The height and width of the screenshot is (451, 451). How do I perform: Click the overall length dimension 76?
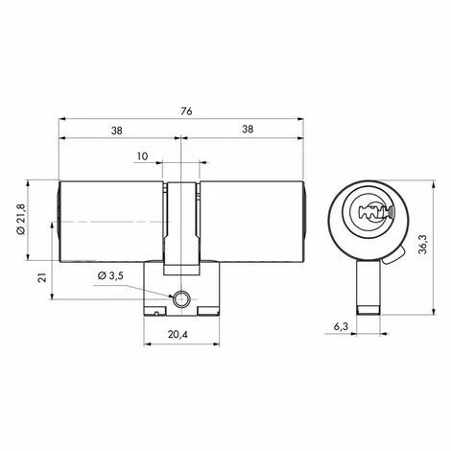tap(186, 111)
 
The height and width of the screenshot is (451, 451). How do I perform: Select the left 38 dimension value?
tap(117, 131)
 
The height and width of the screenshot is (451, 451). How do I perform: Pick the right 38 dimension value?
tap(248, 130)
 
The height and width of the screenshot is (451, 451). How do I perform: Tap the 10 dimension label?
tap(143, 156)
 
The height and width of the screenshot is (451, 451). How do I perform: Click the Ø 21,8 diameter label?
tap(21, 219)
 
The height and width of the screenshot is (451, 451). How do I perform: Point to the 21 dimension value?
tap(42, 277)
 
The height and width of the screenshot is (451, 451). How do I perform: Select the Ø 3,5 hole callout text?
tap(110, 275)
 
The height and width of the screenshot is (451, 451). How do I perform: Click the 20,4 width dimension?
tap(178, 334)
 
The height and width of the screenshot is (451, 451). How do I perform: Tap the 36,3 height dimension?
tap(423, 244)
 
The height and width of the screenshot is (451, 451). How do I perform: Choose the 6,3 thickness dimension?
tap(341, 326)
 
